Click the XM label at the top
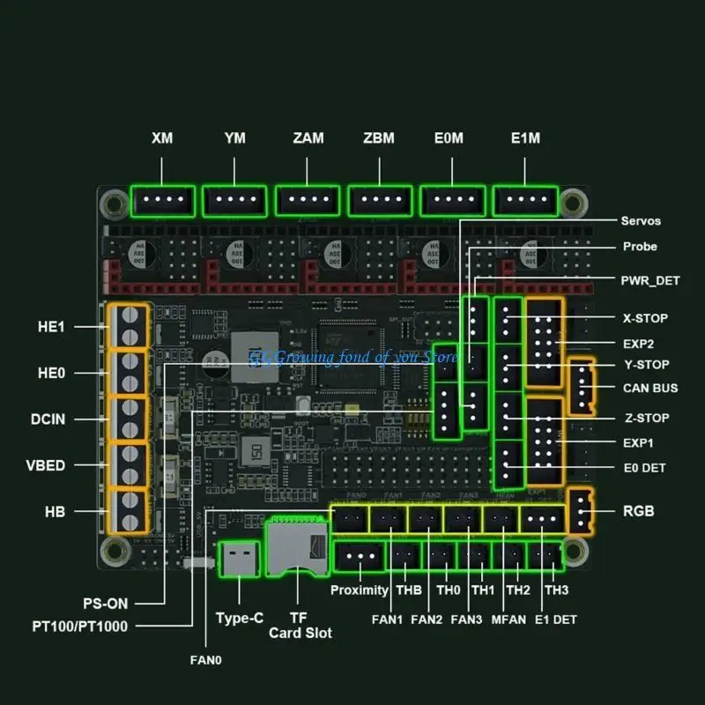click(x=162, y=138)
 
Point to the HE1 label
click(x=52, y=326)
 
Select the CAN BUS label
click(x=651, y=388)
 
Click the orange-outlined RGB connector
click(x=581, y=510)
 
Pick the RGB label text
click(x=639, y=510)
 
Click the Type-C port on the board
click(x=238, y=557)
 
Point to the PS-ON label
click(x=107, y=604)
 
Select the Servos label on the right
click(x=641, y=221)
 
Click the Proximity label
click(x=360, y=590)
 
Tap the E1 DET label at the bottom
click(x=556, y=620)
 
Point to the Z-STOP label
click(x=646, y=418)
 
